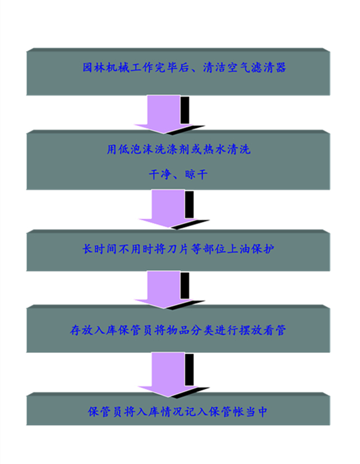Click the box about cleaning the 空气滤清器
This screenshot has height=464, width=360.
(178, 72)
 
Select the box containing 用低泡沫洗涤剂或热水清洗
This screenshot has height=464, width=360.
(178, 160)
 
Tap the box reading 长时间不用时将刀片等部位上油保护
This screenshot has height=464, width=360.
(178, 251)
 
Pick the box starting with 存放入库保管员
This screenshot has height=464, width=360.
(178, 328)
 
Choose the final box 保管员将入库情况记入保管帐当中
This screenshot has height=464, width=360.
(178, 409)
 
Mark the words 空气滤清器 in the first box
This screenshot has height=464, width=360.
(256, 68)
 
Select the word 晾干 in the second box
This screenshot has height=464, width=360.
(196, 174)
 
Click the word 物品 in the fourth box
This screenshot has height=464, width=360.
(178, 330)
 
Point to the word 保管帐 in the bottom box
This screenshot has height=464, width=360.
(226, 412)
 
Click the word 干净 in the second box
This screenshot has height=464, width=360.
(160, 174)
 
